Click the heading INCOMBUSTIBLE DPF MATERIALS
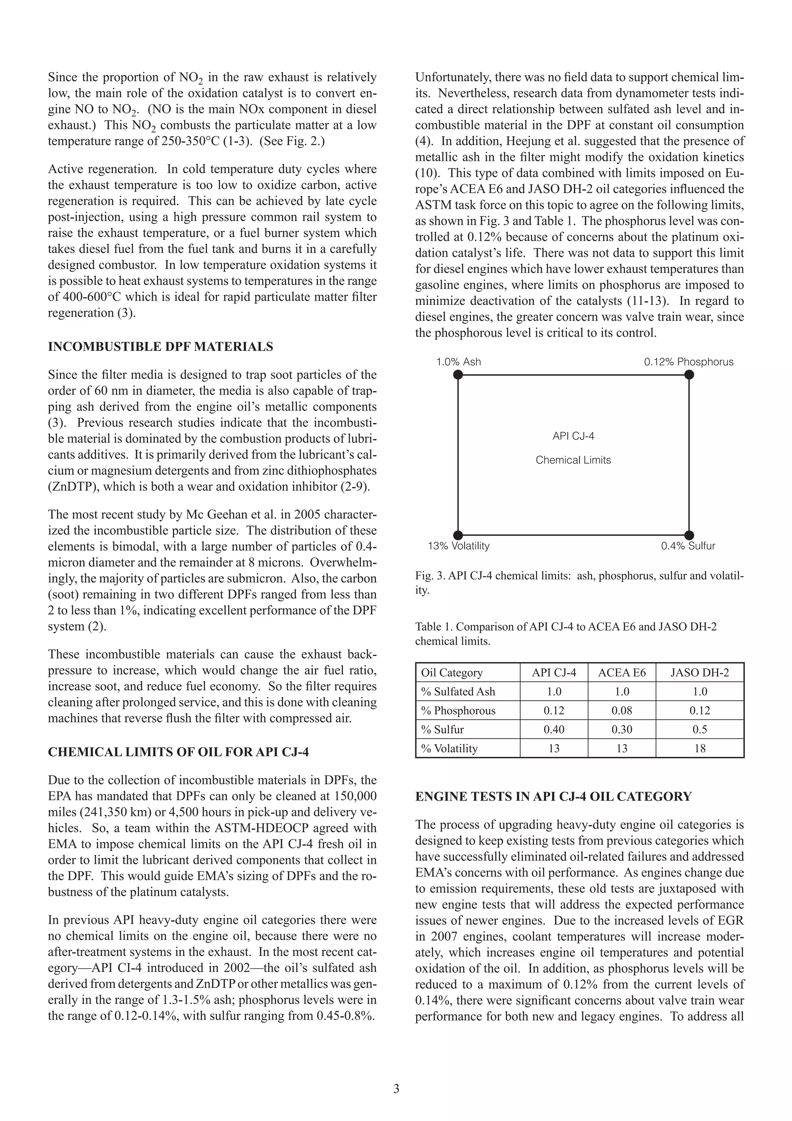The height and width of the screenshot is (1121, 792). tap(160, 347)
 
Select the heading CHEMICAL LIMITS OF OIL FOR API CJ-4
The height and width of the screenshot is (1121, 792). tap(178, 752)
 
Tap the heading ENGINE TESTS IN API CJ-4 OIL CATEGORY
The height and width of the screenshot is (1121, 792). tap(553, 796)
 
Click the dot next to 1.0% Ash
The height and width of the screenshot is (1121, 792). tap(458, 375)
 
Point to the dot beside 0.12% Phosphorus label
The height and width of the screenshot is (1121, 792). tap(688, 375)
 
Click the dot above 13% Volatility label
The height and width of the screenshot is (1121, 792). tap(458, 535)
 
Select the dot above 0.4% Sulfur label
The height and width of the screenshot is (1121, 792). tap(688, 535)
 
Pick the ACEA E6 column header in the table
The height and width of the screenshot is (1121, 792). tap(622, 673)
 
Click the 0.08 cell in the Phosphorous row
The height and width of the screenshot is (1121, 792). tap(622, 710)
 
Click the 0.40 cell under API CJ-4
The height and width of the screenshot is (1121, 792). tap(554, 729)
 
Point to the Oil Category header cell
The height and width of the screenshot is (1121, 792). tap(451, 673)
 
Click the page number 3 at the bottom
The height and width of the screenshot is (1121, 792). tap(396, 1089)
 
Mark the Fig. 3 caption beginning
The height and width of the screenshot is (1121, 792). tap(429, 576)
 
